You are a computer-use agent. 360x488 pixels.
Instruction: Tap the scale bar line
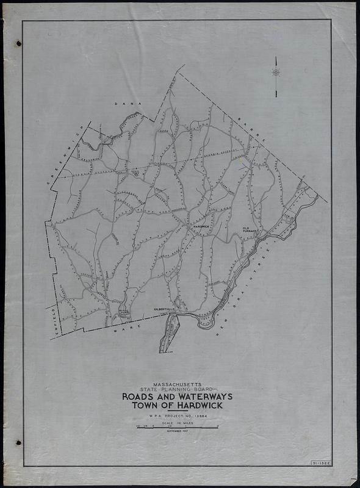coord(176,428)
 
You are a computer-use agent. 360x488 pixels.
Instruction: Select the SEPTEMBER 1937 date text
coord(176,431)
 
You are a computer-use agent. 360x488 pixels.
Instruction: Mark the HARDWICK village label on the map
coord(201,226)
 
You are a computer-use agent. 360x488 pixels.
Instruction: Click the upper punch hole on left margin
coord(18,43)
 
